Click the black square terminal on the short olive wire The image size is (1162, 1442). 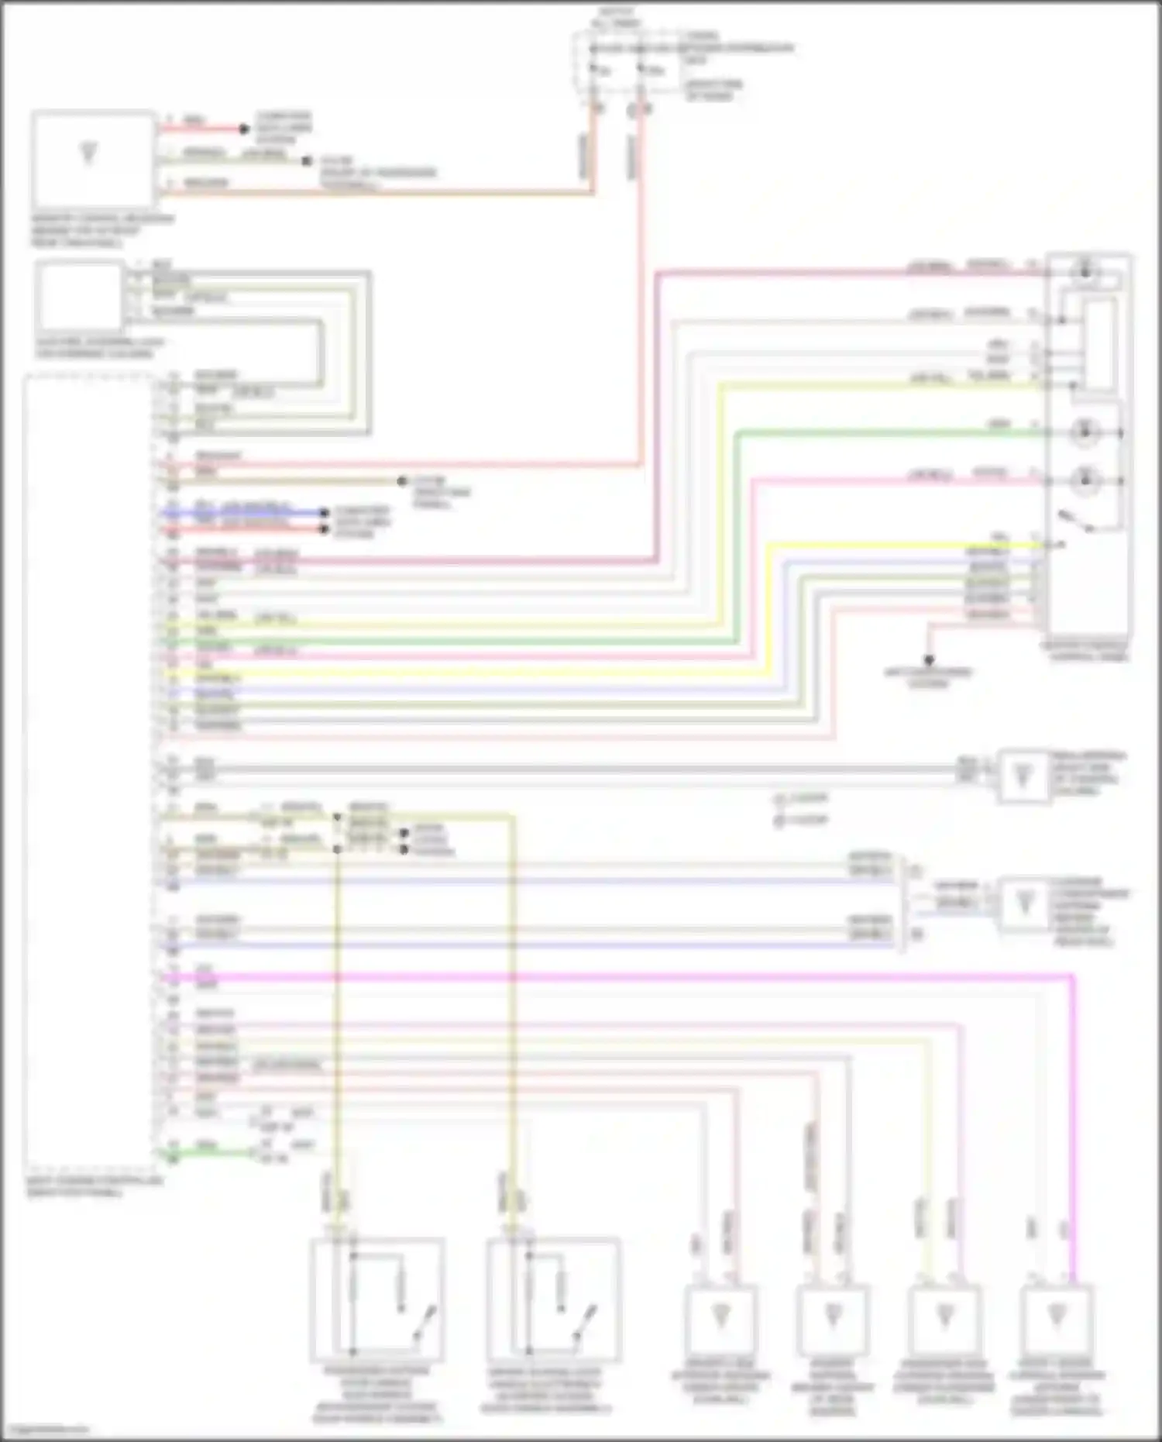pyautogui.click(x=307, y=161)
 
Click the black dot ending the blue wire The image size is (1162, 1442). pyautogui.click(x=325, y=513)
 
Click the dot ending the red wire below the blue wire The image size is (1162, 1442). pyautogui.click(x=325, y=529)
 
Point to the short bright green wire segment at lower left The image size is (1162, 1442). pyautogui.click(x=209, y=1152)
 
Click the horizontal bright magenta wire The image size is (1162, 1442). pyautogui.click(x=620, y=977)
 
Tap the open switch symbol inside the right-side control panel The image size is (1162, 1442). pyautogui.click(x=1079, y=521)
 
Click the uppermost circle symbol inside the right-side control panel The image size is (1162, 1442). pyautogui.click(x=1085, y=271)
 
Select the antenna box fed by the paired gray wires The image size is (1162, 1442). pyautogui.click(x=1023, y=775)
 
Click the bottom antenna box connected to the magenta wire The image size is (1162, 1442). pyautogui.click(x=1056, y=1317)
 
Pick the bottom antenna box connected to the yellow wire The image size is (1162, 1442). pyautogui.click(x=944, y=1317)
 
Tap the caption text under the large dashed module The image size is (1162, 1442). pyautogui.click(x=96, y=1188)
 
